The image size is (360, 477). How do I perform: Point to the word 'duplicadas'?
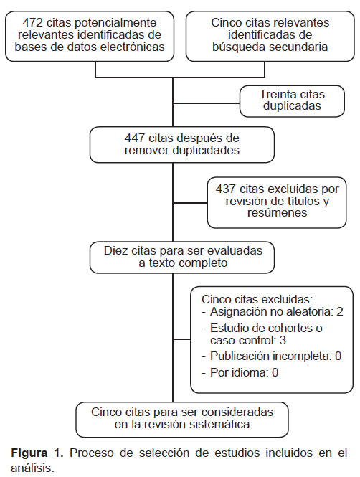292,105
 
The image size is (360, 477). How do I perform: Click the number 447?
134,138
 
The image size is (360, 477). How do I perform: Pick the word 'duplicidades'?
206,150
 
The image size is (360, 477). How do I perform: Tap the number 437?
226,189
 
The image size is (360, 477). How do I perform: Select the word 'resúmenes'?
277,212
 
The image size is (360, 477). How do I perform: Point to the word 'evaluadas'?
235,250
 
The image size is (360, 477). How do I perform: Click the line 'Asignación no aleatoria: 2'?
276,311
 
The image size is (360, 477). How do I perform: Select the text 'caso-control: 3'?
248,340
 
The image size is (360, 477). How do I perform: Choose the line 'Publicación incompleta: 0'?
275,356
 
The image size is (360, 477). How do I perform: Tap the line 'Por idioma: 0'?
244,372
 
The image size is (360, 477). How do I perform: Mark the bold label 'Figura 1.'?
37,453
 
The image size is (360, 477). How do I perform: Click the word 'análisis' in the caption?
32,468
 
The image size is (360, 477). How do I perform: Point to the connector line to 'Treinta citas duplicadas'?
206,103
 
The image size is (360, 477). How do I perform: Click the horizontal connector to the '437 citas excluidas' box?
190,203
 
